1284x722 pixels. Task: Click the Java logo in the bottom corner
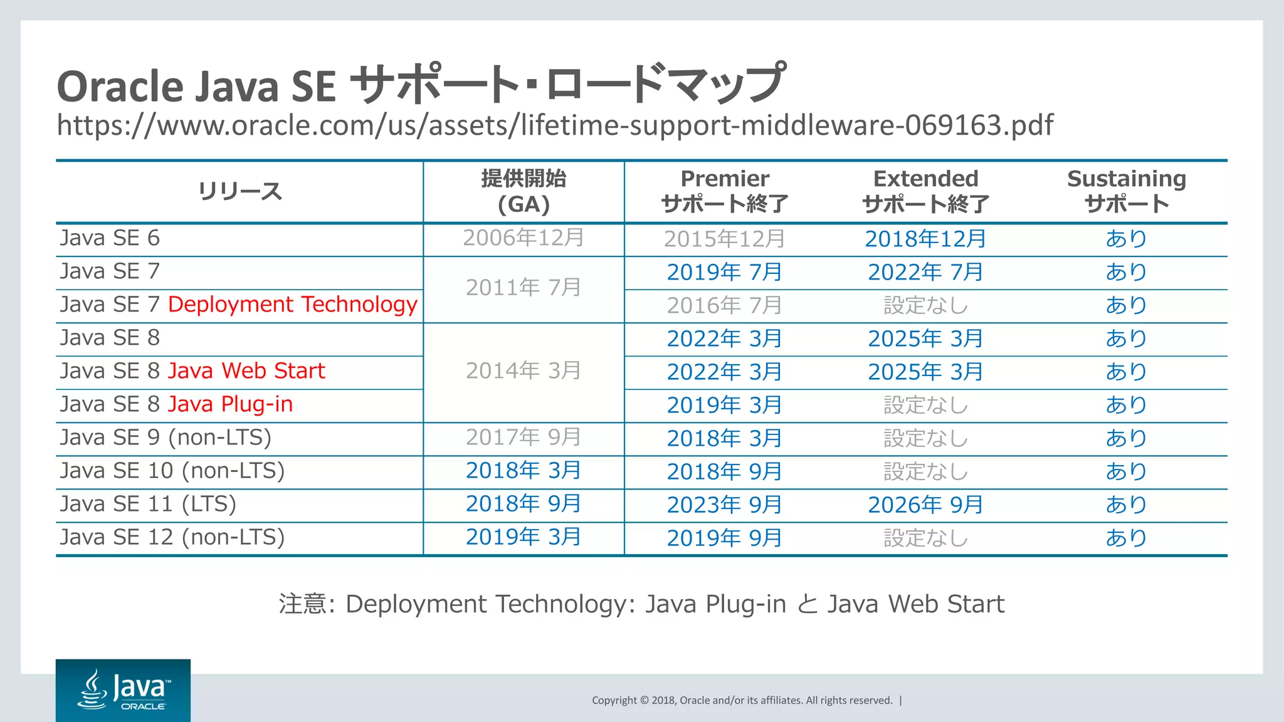[x=123, y=690]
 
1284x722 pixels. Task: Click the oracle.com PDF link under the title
[x=555, y=125]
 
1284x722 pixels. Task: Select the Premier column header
[x=725, y=191]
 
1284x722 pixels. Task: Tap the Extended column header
[x=925, y=191]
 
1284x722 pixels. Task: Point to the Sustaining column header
[x=1127, y=191]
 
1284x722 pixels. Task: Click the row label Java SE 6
[x=110, y=238]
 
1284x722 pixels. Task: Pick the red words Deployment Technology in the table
[x=293, y=305]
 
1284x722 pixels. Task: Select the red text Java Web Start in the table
[x=246, y=371]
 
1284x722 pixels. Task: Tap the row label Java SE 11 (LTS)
[x=149, y=504]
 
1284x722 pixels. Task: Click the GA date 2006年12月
[x=524, y=238]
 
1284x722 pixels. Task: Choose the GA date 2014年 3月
[x=524, y=371]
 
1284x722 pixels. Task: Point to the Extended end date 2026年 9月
[x=925, y=505]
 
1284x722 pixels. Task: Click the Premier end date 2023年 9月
[x=725, y=505]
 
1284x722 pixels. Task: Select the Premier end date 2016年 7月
[x=725, y=305]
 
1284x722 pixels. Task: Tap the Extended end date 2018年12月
[x=925, y=239]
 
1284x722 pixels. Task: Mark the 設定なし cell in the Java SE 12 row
[x=925, y=538]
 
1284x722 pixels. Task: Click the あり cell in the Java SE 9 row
[x=1127, y=438]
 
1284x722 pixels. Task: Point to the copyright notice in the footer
[x=742, y=700]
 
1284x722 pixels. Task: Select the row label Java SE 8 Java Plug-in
[x=177, y=404]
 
